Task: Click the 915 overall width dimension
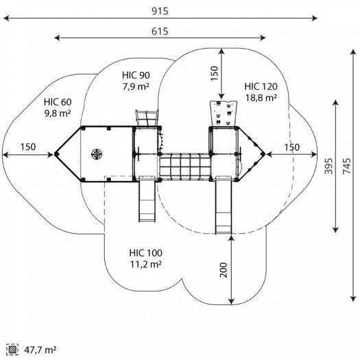(160, 11)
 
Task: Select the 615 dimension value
(160, 32)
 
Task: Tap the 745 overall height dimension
(347, 166)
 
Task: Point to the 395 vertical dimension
(328, 166)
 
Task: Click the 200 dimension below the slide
(224, 270)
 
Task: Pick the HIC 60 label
(58, 102)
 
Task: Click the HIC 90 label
(136, 75)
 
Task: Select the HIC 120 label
(261, 86)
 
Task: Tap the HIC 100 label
(146, 253)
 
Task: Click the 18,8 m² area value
(261, 98)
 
